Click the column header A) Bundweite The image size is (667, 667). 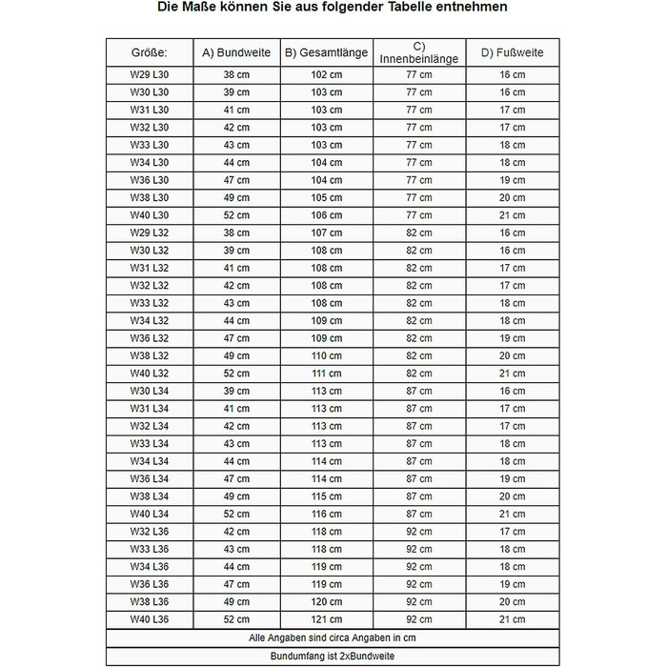tap(236, 52)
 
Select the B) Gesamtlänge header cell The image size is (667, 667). tap(327, 52)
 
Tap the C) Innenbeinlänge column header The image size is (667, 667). tap(419, 52)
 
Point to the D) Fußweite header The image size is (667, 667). tap(513, 52)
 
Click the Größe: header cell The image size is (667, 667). tap(149, 52)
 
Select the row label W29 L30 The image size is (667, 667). tap(149, 74)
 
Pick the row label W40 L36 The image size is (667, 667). tap(149, 620)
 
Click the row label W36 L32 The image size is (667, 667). tap(149, 338)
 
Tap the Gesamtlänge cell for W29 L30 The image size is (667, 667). tap(327, 74)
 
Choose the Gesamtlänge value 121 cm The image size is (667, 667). tap(327, 620)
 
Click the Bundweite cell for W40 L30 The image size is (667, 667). tap(236, 215)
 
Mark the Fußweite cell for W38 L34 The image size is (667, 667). tap(513, 496)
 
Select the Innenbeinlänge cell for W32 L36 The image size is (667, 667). tap(419, 532)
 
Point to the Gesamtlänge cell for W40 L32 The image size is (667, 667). tap(327, 374)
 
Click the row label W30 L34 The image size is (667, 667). tap(149, 391)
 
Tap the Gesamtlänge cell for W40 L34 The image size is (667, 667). tap(327, 515)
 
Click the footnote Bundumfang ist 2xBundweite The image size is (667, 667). tap(333, 657)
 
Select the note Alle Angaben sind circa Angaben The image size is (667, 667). tap(333, 638)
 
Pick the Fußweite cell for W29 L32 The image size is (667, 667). tap(513, 232)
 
